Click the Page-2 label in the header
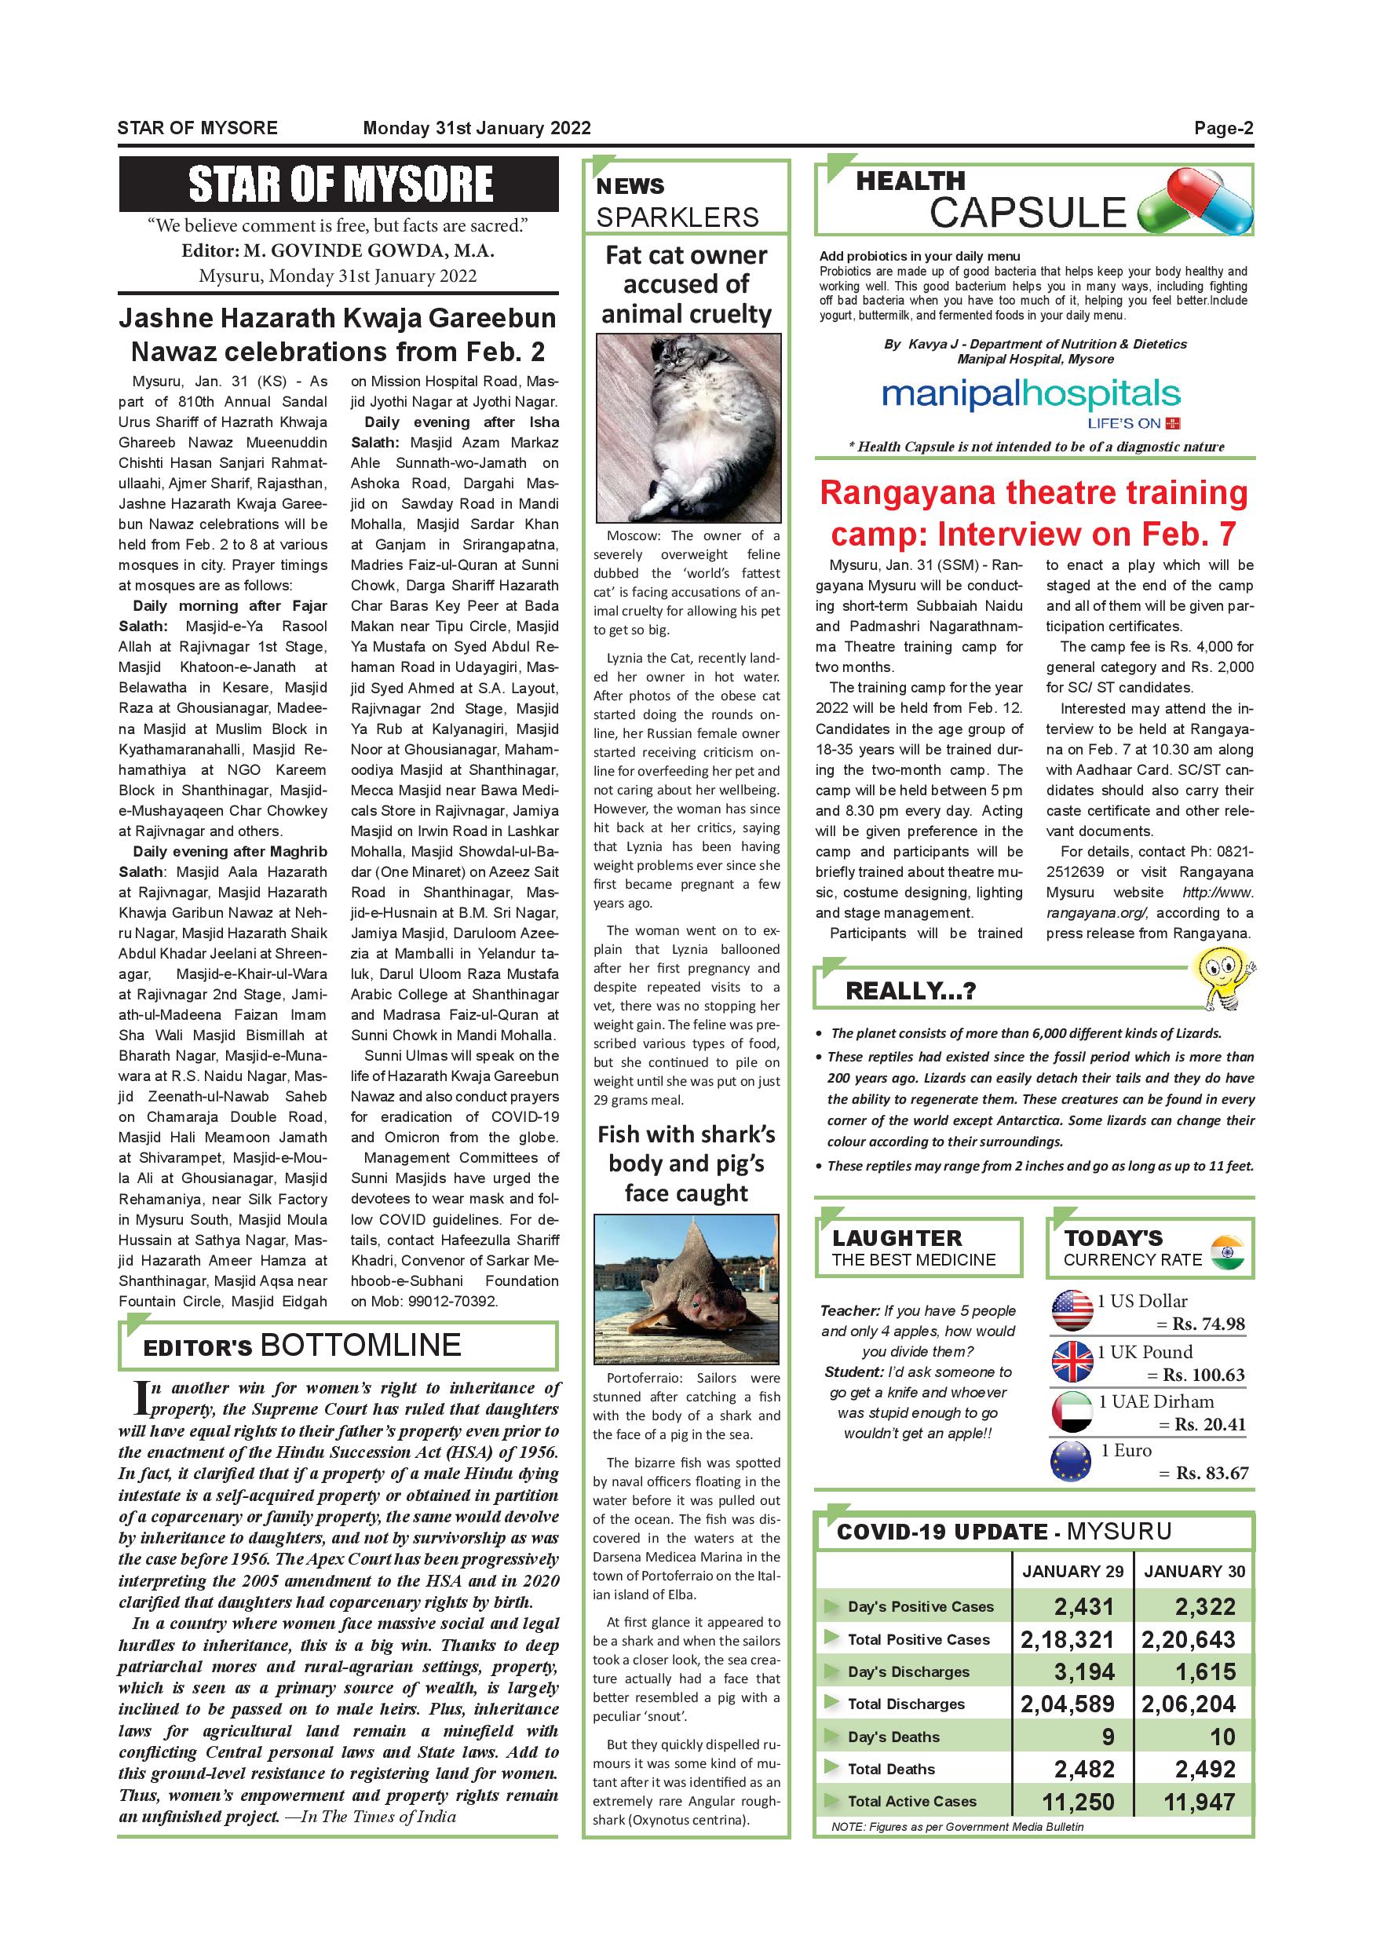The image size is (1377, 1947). tap(1222, 128)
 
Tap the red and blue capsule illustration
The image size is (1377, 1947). tap(1195, 202)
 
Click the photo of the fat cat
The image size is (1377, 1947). tap(687, 427)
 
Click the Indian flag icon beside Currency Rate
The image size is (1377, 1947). tap(1227, 1252)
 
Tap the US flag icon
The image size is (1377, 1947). tap(1072, 1311)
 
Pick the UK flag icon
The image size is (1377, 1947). tap(1072, 1362)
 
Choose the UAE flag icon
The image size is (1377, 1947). tap(1072, 1412)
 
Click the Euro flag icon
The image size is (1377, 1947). tap(1072, 1461)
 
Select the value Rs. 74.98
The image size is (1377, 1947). tap(1208, 1324)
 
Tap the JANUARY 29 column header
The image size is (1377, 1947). tap(1072, 1571)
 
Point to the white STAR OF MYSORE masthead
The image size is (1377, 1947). tap(339, 184)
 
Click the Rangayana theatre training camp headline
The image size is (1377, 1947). tap(1034, 513)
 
